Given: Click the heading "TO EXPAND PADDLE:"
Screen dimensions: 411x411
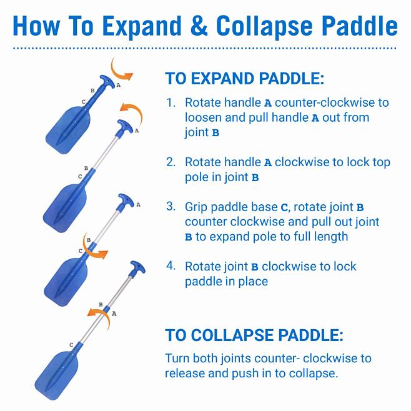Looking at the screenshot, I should coord(244,79).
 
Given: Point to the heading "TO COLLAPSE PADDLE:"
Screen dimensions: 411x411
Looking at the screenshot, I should coord(254,335).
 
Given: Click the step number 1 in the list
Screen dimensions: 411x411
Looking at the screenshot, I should coord(170,102).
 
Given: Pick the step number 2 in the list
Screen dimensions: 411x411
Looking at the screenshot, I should coord(171,162).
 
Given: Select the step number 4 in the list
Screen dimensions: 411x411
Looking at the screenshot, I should coord(171,266).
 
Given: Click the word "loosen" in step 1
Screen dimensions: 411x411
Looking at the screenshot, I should coord(204,117).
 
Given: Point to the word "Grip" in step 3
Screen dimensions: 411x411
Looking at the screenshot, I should coord(197,206).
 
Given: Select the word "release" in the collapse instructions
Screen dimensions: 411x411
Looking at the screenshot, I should coord(186,374).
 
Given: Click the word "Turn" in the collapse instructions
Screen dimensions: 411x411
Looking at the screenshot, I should coord(177,359).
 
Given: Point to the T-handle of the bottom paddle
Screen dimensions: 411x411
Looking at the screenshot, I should coord(137,269).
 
